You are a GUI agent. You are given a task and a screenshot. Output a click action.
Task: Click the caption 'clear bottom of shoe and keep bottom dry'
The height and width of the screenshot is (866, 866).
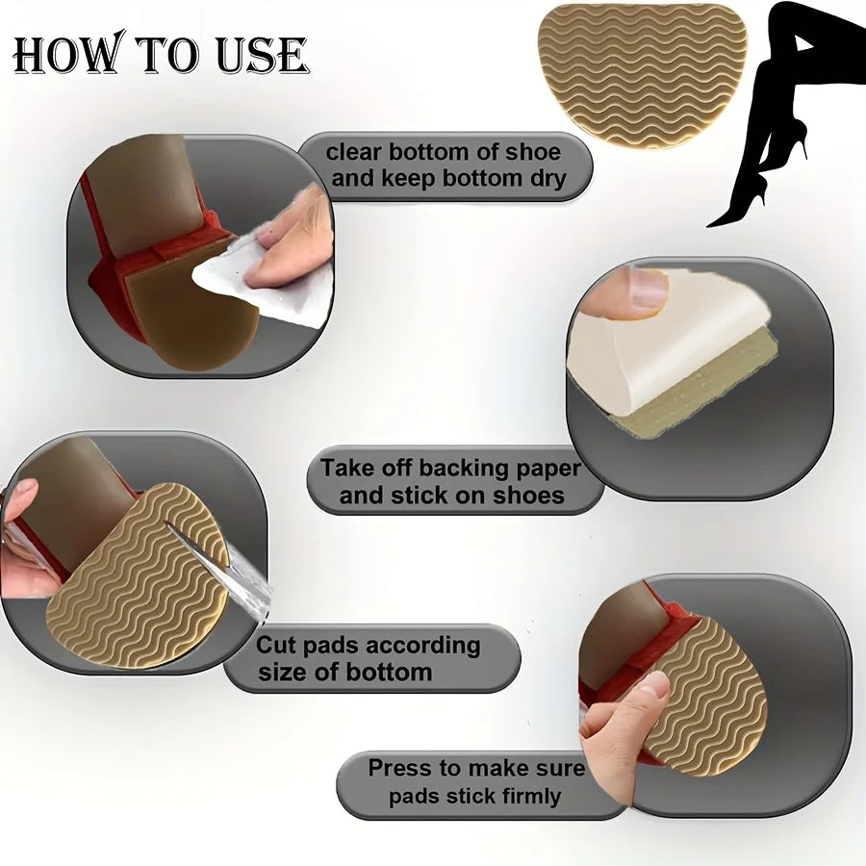(445, 166)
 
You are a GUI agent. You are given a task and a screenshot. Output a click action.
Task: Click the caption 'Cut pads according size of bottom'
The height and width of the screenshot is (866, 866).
(369, 658)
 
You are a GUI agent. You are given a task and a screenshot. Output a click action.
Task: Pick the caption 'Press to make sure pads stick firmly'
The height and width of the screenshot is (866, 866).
(477, 782)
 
